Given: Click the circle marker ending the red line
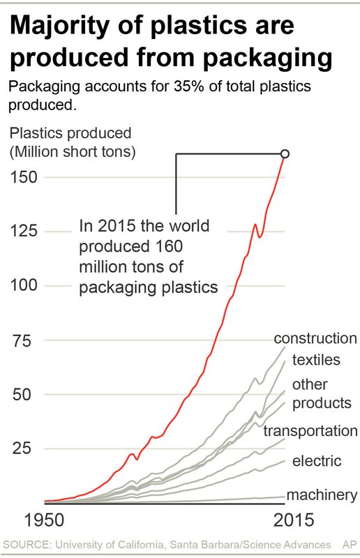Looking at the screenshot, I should click(x=285, y=153).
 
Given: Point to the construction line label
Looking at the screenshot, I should click(x=315, y=338).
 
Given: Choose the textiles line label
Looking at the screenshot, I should click(x=315, y=360).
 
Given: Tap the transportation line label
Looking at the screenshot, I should click(x=311, y=431).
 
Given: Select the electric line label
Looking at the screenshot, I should click(x=317, y=460).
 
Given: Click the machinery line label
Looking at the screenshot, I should click(x=322, y=495).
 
